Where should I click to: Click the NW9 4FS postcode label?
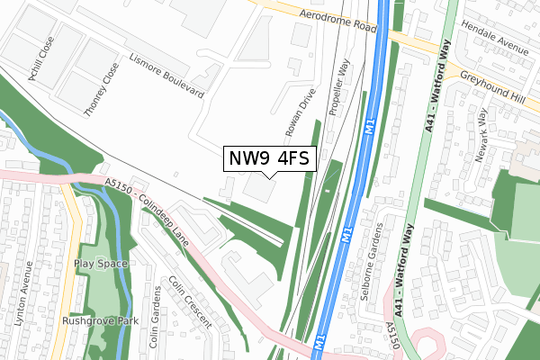269,158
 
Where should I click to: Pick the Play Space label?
101,264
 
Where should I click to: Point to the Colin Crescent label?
190,301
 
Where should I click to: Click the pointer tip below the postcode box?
269,177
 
